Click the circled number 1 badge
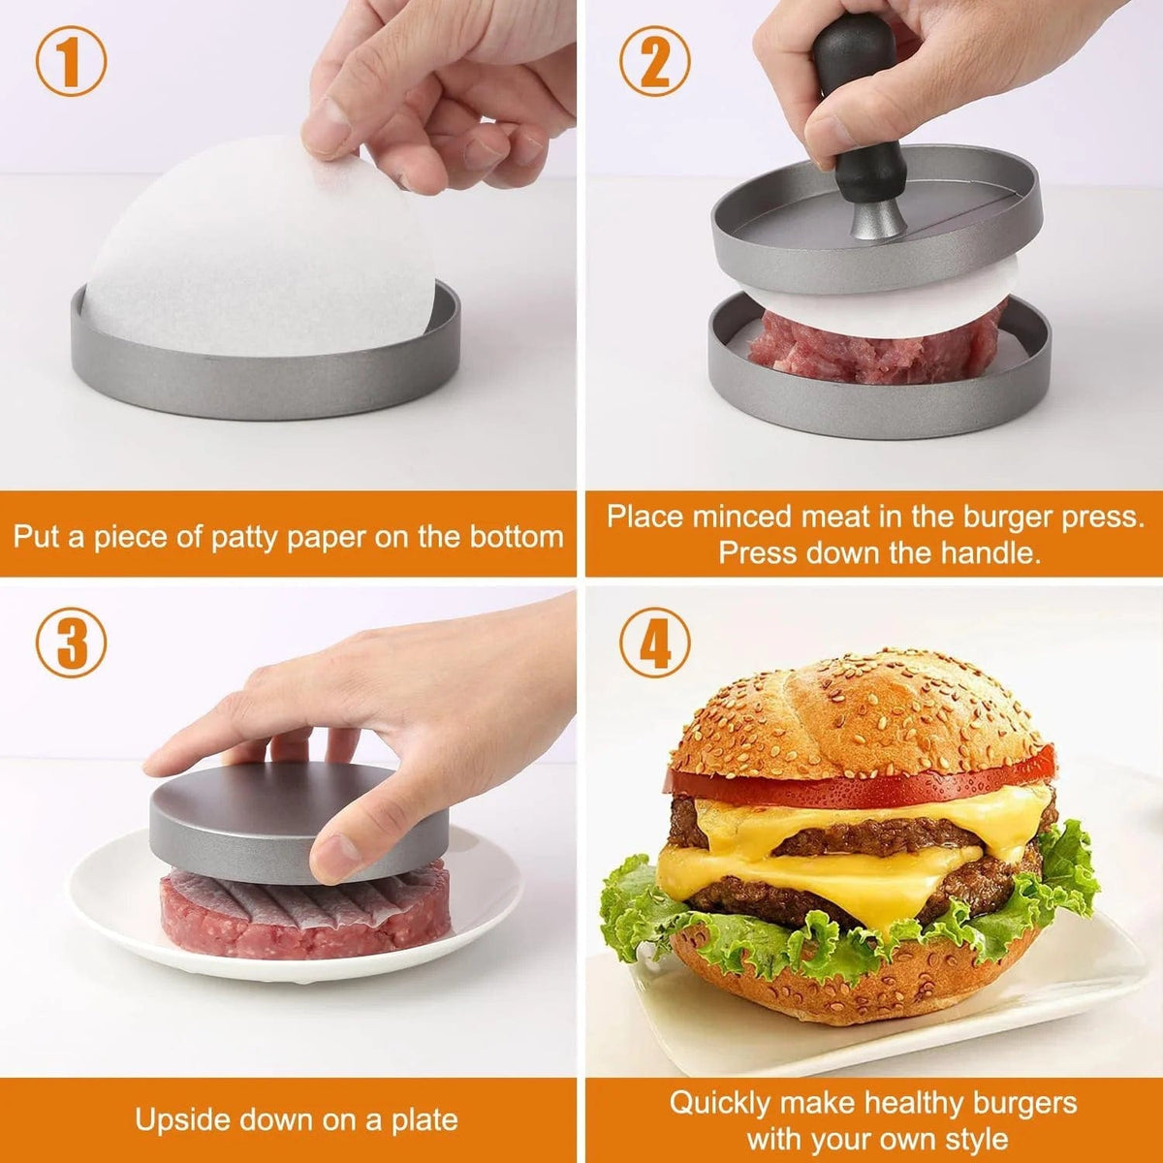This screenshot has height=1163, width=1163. click(71, 60)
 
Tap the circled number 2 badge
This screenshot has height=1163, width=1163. click(654, 60)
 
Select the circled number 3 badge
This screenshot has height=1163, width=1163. click(71, 644)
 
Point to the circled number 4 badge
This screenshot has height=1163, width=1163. click(655, 644)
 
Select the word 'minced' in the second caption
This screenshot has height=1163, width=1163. click(737, 517)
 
